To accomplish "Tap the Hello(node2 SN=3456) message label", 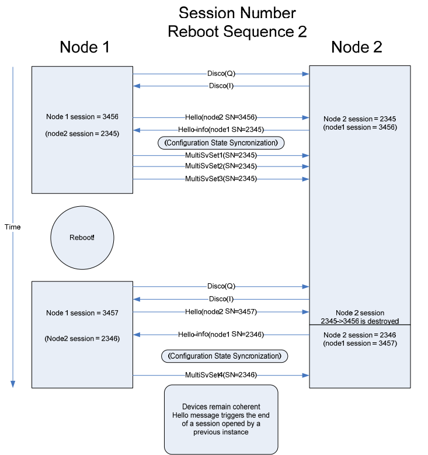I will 221,117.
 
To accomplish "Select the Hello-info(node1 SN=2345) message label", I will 221,130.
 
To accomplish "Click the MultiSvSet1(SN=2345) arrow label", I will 221,155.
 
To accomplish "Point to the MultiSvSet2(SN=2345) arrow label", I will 221,166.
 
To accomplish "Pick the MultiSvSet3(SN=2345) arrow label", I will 221,179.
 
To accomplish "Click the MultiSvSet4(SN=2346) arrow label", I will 221,375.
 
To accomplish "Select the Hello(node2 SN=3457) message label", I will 221,311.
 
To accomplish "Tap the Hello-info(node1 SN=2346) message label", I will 221,334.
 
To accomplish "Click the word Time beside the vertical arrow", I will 12,227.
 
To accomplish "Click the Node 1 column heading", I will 85,48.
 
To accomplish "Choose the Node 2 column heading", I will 356,48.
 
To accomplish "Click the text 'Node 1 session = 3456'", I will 82,117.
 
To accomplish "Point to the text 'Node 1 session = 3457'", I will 82,313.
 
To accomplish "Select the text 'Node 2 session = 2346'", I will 360,335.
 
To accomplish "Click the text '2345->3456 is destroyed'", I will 360,321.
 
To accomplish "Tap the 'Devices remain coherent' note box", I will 221,419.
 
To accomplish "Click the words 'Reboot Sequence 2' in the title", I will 237,32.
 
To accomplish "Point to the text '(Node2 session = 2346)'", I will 82,338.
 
